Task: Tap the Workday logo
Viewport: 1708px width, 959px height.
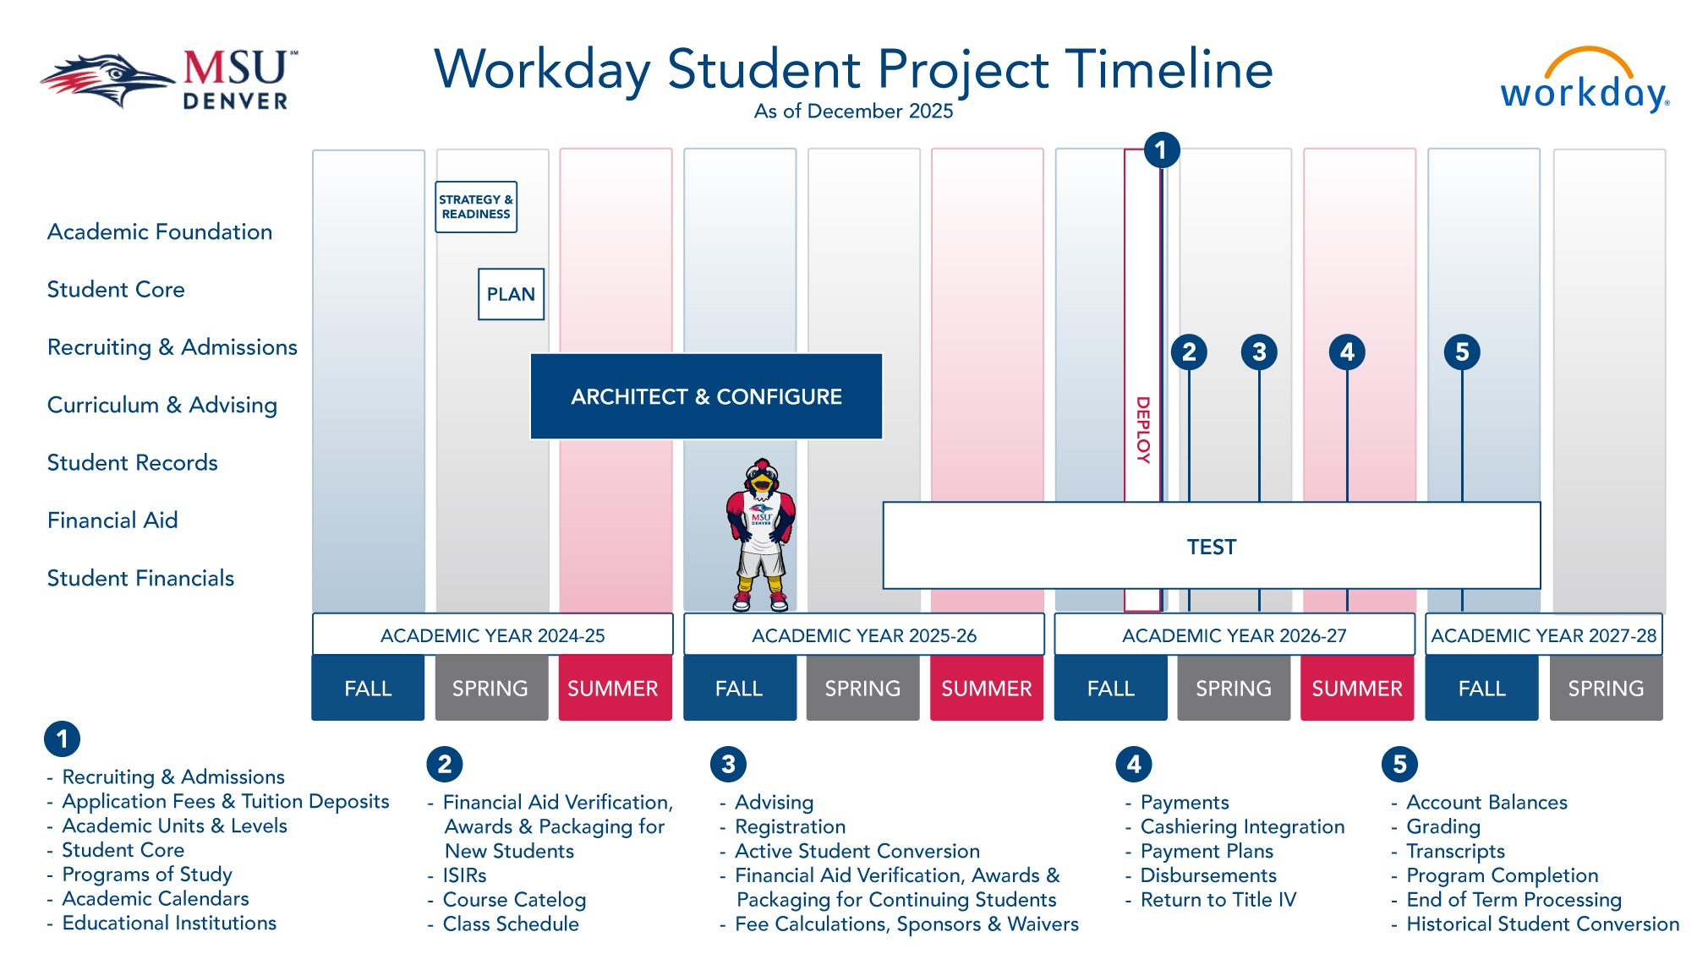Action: (1584, 84)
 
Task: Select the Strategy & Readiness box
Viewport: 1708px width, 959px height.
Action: (476, 207)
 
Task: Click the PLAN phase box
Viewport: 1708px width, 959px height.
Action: (511, 294)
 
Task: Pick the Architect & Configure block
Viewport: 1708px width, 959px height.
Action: (706, 396)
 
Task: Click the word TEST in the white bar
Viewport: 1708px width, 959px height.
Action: (1211, 547)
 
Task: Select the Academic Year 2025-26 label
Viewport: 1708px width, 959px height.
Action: (863, 635)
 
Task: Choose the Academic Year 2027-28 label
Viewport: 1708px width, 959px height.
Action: (1543, 635)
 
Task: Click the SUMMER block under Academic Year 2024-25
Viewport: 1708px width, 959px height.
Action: (613, 689)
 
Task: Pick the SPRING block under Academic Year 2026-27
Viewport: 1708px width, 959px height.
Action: (1233, 689)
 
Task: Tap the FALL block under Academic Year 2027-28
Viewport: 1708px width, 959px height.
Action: (1481, 689)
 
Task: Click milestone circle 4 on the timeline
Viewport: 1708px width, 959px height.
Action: (1347, 351)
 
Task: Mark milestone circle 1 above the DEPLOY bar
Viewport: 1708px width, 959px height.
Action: (1161, 150)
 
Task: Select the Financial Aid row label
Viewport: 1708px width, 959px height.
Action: (112, 520)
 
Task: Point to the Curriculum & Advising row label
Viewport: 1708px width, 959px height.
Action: (161, 405)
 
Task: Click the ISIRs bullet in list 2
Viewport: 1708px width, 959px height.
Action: (464, 875)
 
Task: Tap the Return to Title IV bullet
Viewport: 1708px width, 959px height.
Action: (1218, 900)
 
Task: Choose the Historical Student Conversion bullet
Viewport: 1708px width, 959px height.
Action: (1542, 924)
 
